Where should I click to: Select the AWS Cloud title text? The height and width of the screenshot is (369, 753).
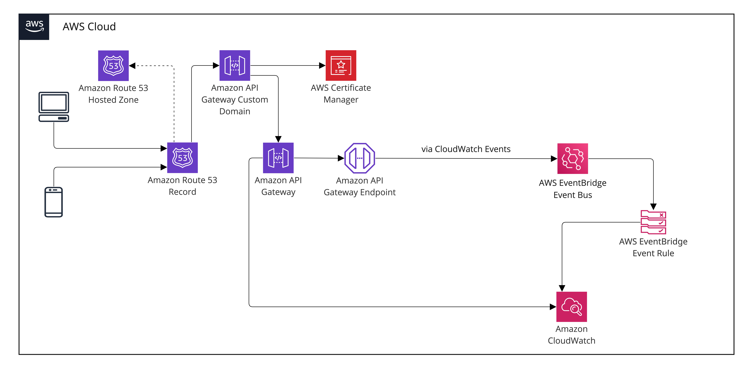pyautogui.click(x=89, y=27)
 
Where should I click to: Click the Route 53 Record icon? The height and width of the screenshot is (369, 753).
pyautogui.click(x=182, y=158)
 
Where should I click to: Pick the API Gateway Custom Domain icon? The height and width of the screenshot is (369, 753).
pyautogui.click(x=235, y=65)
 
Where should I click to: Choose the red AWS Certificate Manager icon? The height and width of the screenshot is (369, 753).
pyautogui.click(x=341, y=65)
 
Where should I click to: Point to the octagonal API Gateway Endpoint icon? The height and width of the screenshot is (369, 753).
pyautogui.click(x=360, y=158)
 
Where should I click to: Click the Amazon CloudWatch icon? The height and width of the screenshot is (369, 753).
pyautogui.click(x=571, y=307)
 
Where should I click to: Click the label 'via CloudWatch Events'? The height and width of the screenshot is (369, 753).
pyautogui.click(x=466, y=149)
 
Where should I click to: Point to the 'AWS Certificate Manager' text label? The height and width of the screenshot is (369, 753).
pyautogui.click(x=341, y=94)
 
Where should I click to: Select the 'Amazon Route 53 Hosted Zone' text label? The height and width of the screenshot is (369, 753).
pyautogui.click(x=113, y=94)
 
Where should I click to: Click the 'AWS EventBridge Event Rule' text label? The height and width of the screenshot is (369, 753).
pyautogui.click(x=653, y=247)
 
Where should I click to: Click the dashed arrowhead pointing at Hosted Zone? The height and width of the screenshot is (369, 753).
pyautogui.click(x=132, y=66)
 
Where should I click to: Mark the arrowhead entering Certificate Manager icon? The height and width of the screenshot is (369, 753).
pyautogui.click(x=322, y=65)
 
